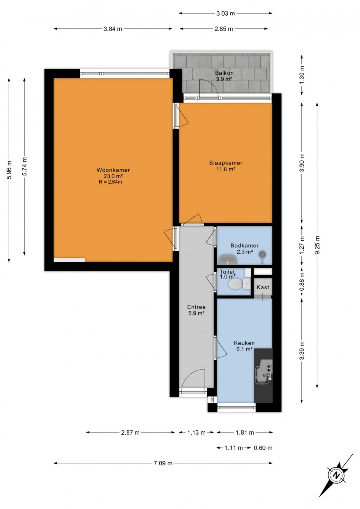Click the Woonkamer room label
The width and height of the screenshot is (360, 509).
[113, 170]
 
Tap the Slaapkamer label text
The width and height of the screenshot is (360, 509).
[226, 163]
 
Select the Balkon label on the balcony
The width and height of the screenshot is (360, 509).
[224, 73]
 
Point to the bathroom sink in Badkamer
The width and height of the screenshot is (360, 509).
[228, 259]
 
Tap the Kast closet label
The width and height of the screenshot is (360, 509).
[263, 287]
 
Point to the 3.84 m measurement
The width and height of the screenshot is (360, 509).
[113, 29]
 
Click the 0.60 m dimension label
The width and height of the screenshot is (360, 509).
[263, 448]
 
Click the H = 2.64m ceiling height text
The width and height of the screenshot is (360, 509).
[110, 182]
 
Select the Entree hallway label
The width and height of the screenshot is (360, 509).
[196, 307]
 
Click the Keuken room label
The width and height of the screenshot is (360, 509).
[244, 343]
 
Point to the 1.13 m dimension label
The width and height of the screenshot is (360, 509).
[196, 432]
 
